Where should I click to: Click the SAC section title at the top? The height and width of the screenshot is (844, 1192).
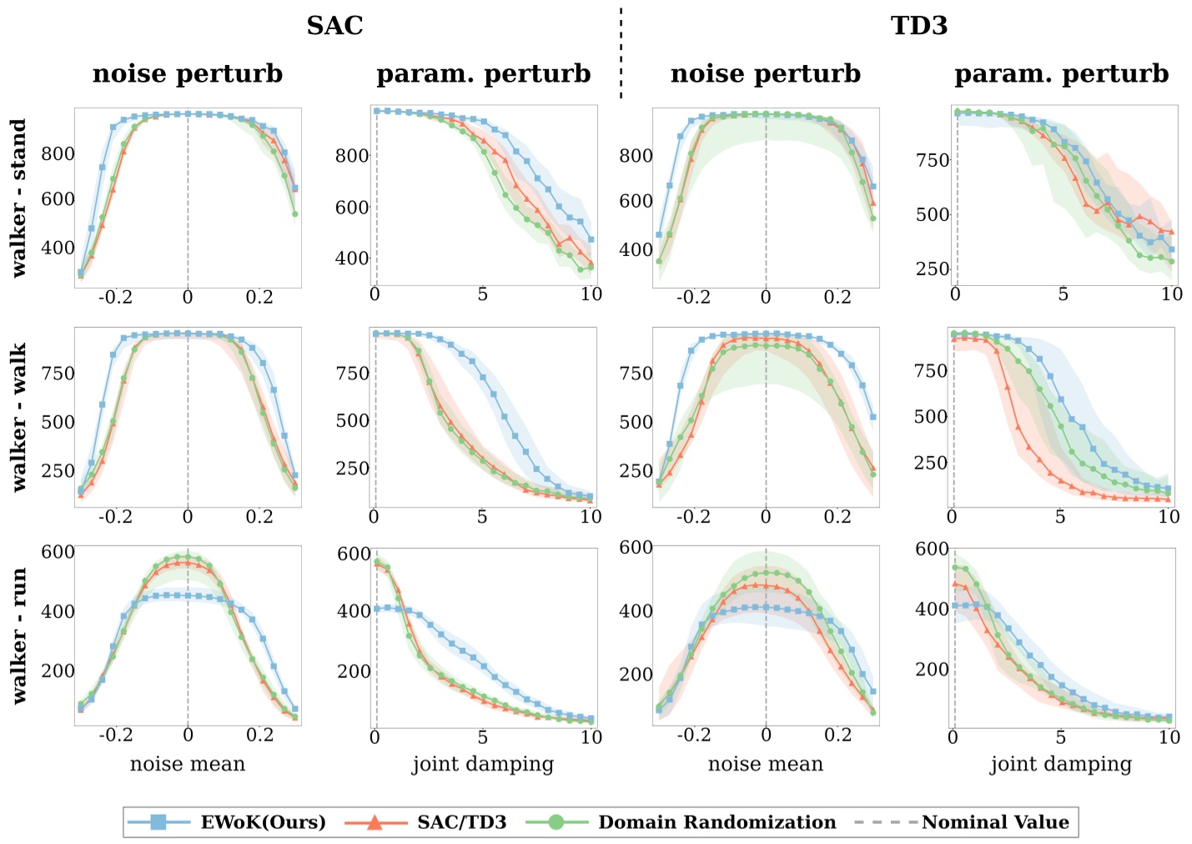(x=334, y=25)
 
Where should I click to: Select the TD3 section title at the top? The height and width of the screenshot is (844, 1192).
(x=919, y=25)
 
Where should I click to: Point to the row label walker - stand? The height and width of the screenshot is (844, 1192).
(x=18, y=198)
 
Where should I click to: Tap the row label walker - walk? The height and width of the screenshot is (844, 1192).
(x=18, y=417)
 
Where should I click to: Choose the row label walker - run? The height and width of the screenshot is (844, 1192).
(x=18, y=636)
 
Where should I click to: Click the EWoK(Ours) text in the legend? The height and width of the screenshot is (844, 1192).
(x=263, y=822)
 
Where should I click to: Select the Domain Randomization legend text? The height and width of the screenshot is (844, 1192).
(x=717, y=822)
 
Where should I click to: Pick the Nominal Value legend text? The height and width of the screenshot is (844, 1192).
(x=994, y=822)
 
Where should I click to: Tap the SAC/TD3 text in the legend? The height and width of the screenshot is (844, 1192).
(x=461, y=822)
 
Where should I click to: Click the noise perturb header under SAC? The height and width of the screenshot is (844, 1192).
(x=187, y=73)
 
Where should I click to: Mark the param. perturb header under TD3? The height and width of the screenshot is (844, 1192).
(x=1061, y=73)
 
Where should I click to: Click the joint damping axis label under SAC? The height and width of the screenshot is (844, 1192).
(x=482, y=764)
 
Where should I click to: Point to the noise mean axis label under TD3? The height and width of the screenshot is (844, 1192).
(x=765, y=764)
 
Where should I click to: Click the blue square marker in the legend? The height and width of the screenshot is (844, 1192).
(x=158, y=822)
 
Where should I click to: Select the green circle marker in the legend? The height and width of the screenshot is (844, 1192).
(x=556, y=822)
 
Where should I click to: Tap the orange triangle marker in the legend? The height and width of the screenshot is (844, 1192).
(x=375, y=822)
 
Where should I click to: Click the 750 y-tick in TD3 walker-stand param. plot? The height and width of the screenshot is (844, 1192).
(x=932, y=160)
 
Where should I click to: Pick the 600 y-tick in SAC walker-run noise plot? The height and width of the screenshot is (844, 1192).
(x=58, y=552)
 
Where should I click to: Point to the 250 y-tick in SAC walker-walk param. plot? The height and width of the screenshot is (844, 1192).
(x=352, y=468)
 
